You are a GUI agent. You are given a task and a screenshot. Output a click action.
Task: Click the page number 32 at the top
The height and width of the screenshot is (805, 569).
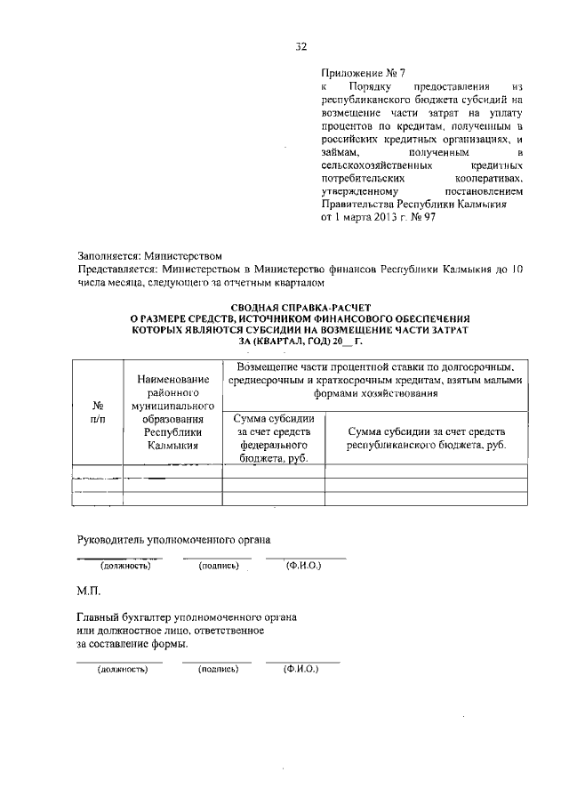[301, 46]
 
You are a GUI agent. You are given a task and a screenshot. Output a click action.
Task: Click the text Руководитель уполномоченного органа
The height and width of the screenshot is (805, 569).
[173, 539]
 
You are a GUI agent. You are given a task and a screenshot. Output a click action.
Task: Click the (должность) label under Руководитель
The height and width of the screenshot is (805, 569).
[124, 565]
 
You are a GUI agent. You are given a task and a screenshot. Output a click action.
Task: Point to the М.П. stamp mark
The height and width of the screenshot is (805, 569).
[90, 591]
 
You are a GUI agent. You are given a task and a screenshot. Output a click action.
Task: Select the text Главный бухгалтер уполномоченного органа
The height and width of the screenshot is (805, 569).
[186, 616]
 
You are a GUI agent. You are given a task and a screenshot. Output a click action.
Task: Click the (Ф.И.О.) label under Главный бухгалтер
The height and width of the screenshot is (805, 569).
[301, 669]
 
